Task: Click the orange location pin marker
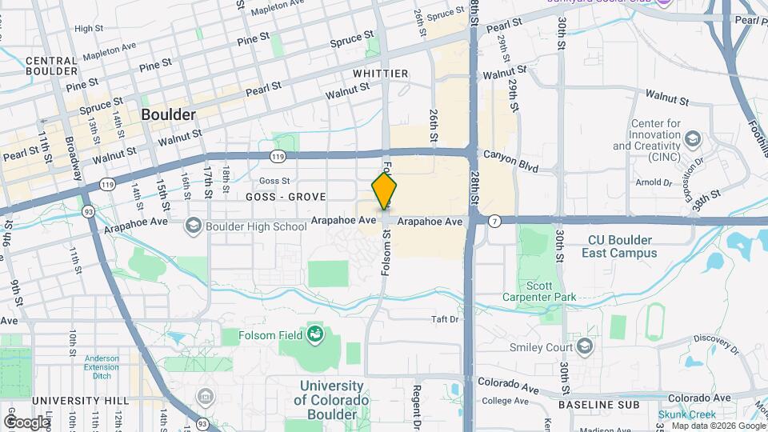384,193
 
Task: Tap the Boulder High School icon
193,226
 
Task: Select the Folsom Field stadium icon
315,334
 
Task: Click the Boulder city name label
168,115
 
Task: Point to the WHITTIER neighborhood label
381,74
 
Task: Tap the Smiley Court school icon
585,346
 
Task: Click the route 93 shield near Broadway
86,211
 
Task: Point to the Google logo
26,422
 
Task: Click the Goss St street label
274,181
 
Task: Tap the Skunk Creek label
686,414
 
